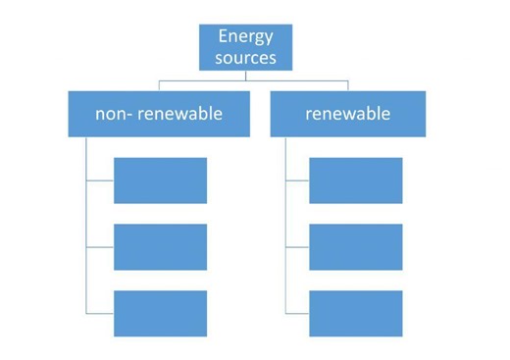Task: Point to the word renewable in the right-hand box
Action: pos(347,114)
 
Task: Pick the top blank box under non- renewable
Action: pos(160,180)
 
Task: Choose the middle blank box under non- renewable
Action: pos(160,246)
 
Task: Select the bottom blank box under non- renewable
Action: pos(160,313)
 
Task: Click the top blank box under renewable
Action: pos(355,180)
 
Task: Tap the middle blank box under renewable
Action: pos(355,246)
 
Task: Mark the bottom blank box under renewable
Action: pos(355,313)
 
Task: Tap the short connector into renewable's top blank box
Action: pos(297,180)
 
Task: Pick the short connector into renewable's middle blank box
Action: pos(297,246)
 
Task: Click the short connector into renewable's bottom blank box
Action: pos(297,313)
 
